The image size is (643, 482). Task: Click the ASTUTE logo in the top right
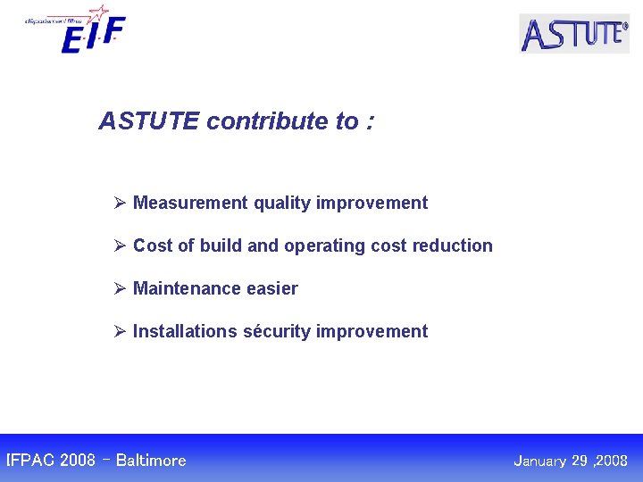click(574, 34)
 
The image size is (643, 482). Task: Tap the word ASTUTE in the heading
click(149, 121)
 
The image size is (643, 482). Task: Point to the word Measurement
click(190, 203)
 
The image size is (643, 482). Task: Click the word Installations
click(185, 331)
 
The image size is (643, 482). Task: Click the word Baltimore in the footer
click(151, 461)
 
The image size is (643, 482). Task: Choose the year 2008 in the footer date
click(612, 461)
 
